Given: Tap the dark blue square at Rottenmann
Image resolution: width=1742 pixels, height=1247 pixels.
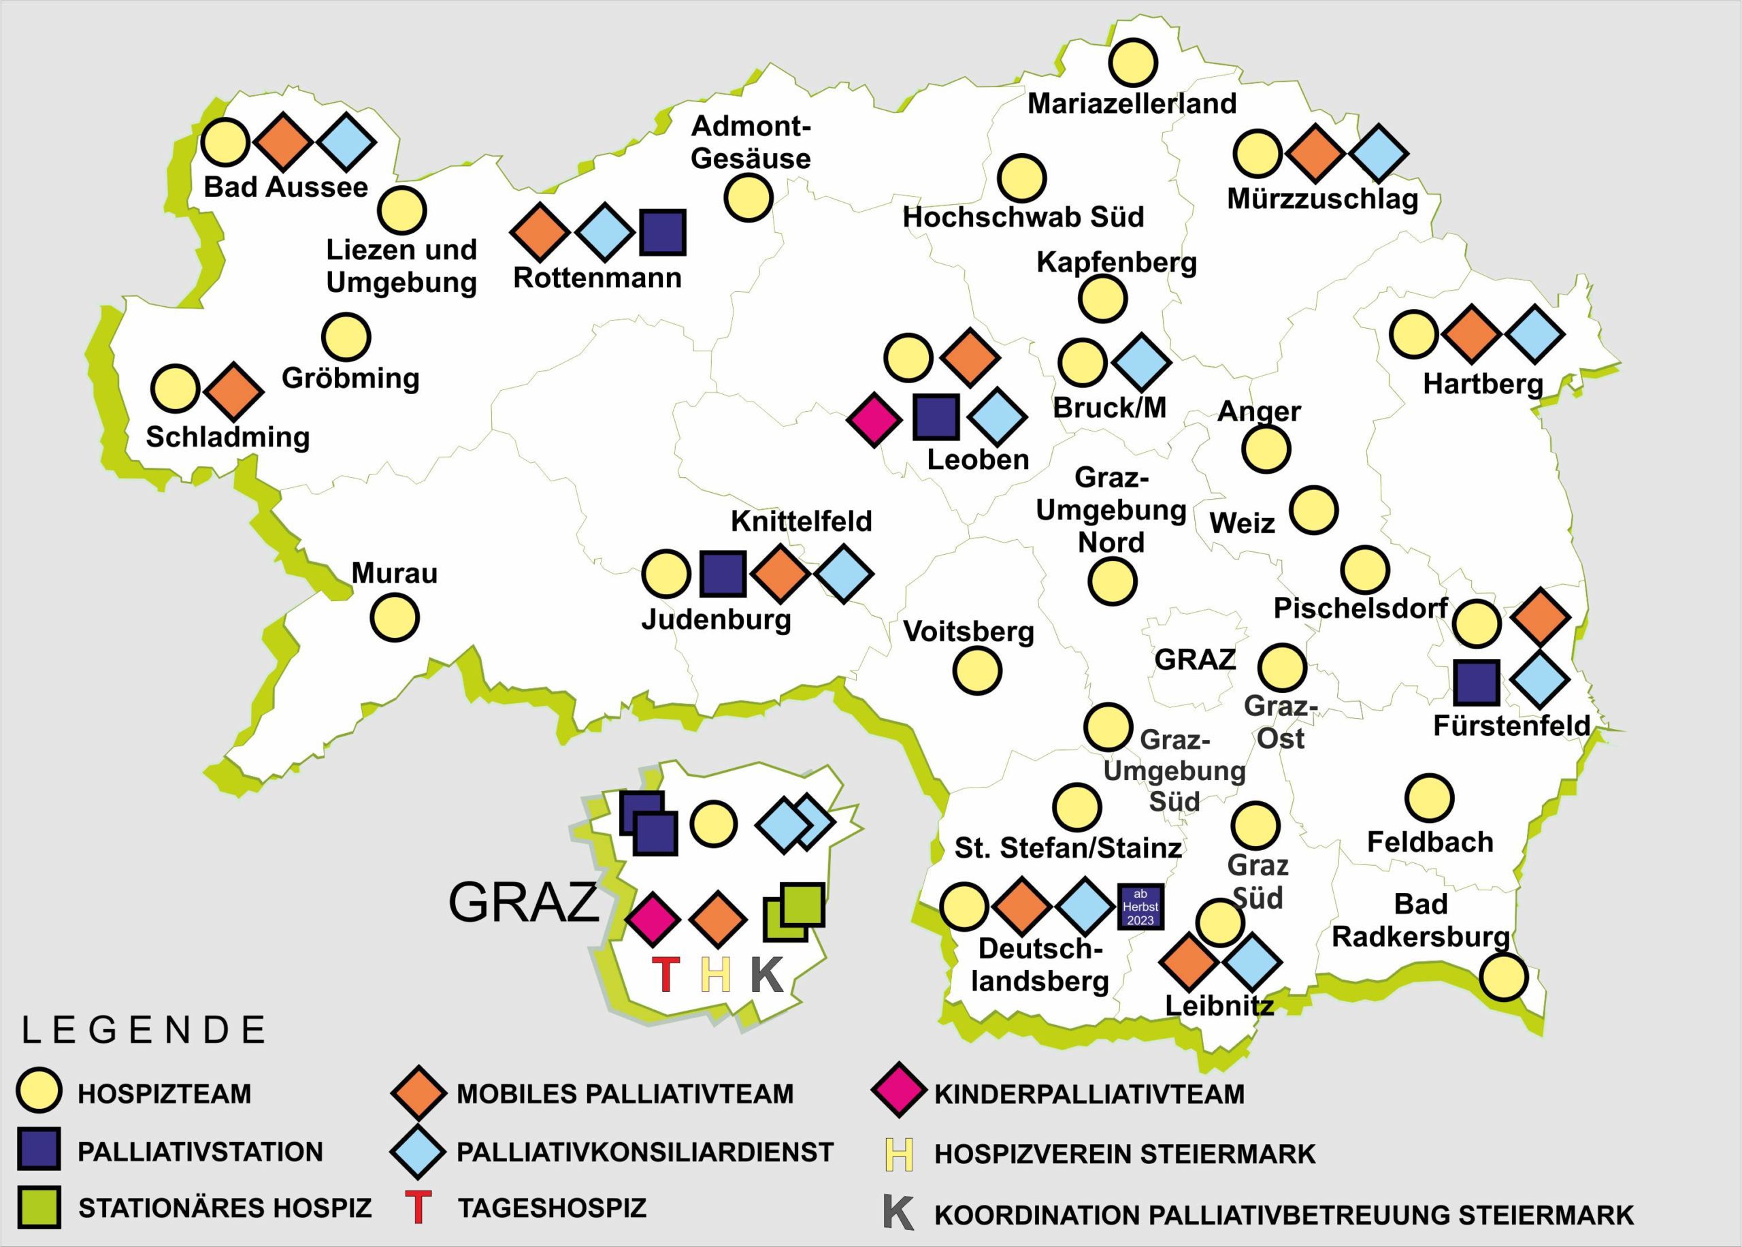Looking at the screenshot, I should pyautogui.click(x=662, y=232).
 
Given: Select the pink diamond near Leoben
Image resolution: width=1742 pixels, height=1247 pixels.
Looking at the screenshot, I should pyautogui.click(x=874, y=419).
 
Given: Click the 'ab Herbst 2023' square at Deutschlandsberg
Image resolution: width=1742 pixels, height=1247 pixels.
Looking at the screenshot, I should pyautogui.click(x=1140, y=907).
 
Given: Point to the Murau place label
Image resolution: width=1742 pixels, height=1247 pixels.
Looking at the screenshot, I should pyautogui.click(x=395, y=573).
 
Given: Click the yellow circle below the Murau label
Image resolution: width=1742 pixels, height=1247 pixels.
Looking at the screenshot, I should pyautogui.click(x=395, y=617).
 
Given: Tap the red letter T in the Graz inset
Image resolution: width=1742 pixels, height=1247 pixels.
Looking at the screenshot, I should pyautogui.click(x=665, y=975).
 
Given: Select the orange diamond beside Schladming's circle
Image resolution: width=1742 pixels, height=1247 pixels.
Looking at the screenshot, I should pyautogui.click(x=233, y=391).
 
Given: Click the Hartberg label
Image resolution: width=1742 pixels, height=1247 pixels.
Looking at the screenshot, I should pyautogui.click(x=1483, y=384).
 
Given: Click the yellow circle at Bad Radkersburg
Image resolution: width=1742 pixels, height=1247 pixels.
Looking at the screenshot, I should pyautogui.click(x=1503, y=977).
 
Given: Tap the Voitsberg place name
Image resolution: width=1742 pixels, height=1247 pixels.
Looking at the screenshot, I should pyautogui.click(x=968, y=631).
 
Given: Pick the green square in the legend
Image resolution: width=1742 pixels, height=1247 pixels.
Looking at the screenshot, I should pyautogui.click(x=38, y=1208).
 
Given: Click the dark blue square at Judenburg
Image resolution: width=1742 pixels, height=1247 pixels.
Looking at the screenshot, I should pyautogui.click(x=723, y=574).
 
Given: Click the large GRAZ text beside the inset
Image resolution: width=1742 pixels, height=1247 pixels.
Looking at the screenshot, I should pyautogui.click(x=523, y=902).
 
